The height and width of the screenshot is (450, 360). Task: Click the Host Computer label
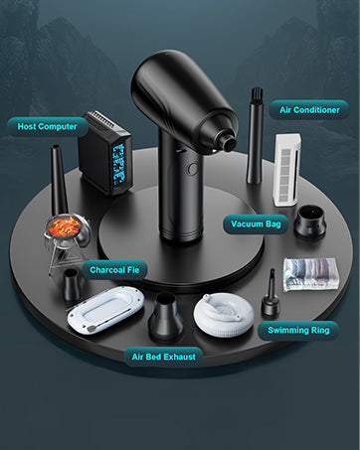point(48,127)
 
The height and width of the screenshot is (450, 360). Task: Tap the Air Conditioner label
point(309,110)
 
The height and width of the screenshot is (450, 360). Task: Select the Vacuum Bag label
point(256,225)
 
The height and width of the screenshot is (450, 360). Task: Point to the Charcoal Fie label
point(114,270)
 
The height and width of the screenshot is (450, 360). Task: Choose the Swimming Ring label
point(298,330)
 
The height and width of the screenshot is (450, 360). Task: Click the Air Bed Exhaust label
point(163,357)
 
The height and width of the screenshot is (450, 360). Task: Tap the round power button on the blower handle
point(192,169)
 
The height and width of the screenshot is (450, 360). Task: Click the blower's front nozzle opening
point(230,143)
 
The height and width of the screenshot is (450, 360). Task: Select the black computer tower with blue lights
point(105,152)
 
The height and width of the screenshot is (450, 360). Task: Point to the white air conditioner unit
point(286,170)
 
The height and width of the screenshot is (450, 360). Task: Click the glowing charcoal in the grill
point(64,225)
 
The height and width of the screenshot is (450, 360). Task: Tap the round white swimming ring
point(224,314)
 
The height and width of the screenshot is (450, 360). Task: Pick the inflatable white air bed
point(105,310)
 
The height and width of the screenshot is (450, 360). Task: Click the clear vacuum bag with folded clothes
point(310,274)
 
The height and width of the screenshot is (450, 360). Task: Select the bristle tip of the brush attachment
point(257,95)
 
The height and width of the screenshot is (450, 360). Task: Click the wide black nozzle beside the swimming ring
point(165,317)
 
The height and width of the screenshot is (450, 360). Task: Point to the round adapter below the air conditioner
point(310,222)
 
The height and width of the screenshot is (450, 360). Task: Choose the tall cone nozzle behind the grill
point(59,180)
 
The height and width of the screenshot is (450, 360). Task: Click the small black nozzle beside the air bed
point(72,284)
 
